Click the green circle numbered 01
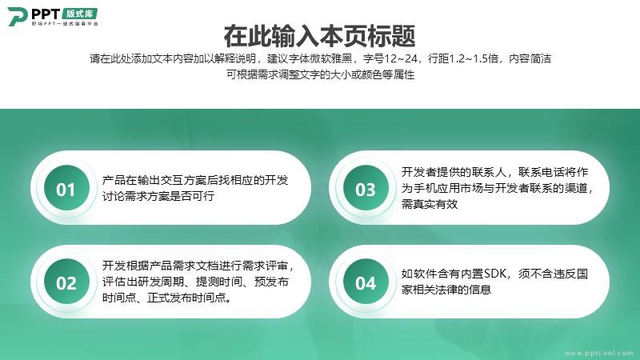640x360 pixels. pyautogui.click(x=66, y=188)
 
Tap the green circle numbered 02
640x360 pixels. pyautogui.click(x=66, y=282)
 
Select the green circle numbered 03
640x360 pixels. pyautogui.click(x=366, y=188)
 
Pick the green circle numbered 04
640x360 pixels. pyautogui.click(x=366, y=282)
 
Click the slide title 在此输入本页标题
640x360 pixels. pyautogui.click(x=319, y=36)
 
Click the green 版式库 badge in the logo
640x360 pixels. pyautogui.click(x=80, y=14)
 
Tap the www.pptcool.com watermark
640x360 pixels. pyautogui.click(x=598, y=353)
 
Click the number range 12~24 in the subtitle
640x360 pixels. pyautogui.click(x=402, y=58)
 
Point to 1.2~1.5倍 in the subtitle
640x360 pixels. pyautogui.click(x=474, y=58)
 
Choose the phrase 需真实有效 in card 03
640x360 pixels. pyautogui.click(x=430, y=204)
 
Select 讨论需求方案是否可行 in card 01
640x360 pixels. pyautogui.click(x=158, y=196)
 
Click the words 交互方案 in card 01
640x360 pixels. pyautogui.click(x=184, y=180)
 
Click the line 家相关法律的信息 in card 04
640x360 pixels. pyautogui.click(x=446, y=290)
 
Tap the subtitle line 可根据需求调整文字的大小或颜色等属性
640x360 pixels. pyautogui.click(x=321, y=74)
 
